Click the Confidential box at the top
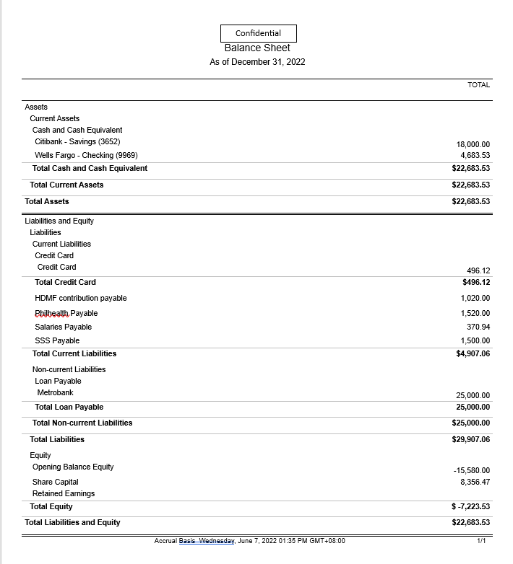point(258,33)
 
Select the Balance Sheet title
point(257,48)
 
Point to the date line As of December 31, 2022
point(257,62)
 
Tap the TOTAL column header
point(478,85)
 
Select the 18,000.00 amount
point(473,145)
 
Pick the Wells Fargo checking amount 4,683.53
point(475,156)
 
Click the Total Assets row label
point(47,202)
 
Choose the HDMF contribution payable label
point(80,299)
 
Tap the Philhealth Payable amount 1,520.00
point(475,314)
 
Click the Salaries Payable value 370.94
point(478,327)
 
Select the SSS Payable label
point(57,341)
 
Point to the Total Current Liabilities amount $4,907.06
point(471,354)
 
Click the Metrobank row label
point(55,393)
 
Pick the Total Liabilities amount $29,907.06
point(470,439)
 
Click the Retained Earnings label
point(64,494)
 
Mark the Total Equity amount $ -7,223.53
point(470,507)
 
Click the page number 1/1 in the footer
point(482,541)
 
